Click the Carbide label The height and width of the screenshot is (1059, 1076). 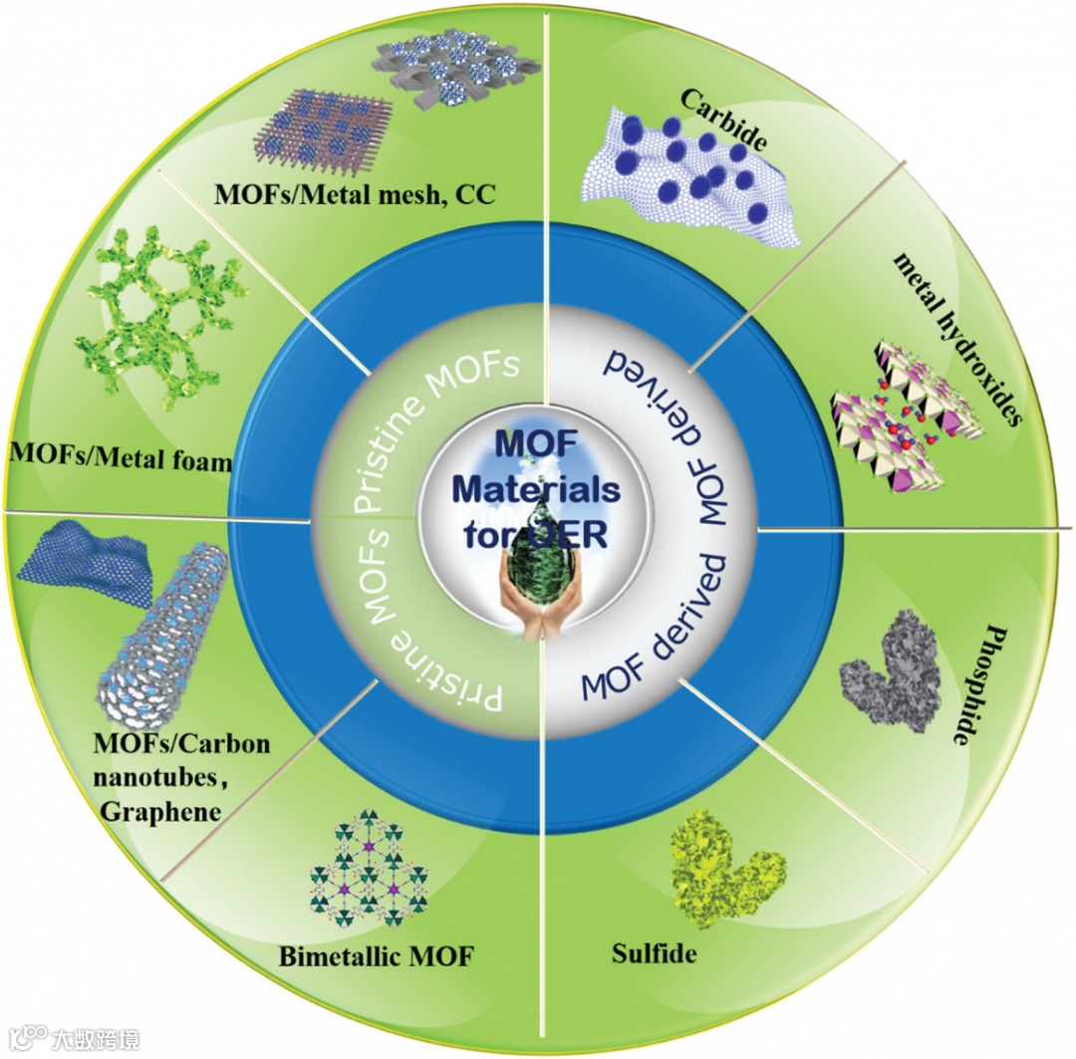(723, 120)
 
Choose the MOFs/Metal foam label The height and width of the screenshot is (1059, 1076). (120, 459)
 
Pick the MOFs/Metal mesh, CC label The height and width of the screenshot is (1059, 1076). (356, 192)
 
